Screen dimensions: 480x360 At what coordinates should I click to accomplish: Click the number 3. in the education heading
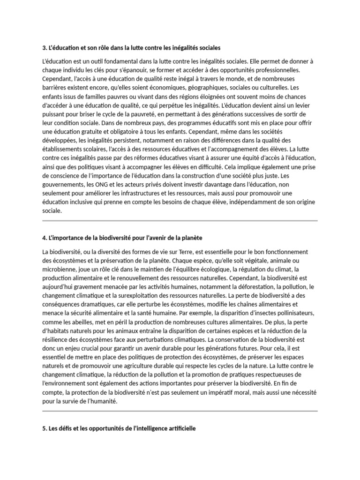click(x=45, y=48)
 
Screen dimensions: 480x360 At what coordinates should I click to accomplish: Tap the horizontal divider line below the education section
click(x=180, y=220)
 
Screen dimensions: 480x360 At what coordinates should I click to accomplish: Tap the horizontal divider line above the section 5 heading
click(x=180, y=411)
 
